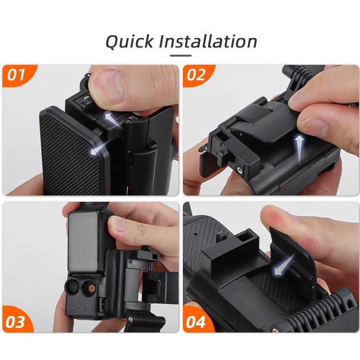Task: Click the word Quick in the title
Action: (x=129, y=41)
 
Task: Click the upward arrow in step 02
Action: (x=299, y=149)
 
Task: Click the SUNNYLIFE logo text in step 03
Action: (x=81, y=306)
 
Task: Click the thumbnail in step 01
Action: (x=104, y=81)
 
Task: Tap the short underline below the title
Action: (x=180, y=56)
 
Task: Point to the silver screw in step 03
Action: (x=131, y=318)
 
